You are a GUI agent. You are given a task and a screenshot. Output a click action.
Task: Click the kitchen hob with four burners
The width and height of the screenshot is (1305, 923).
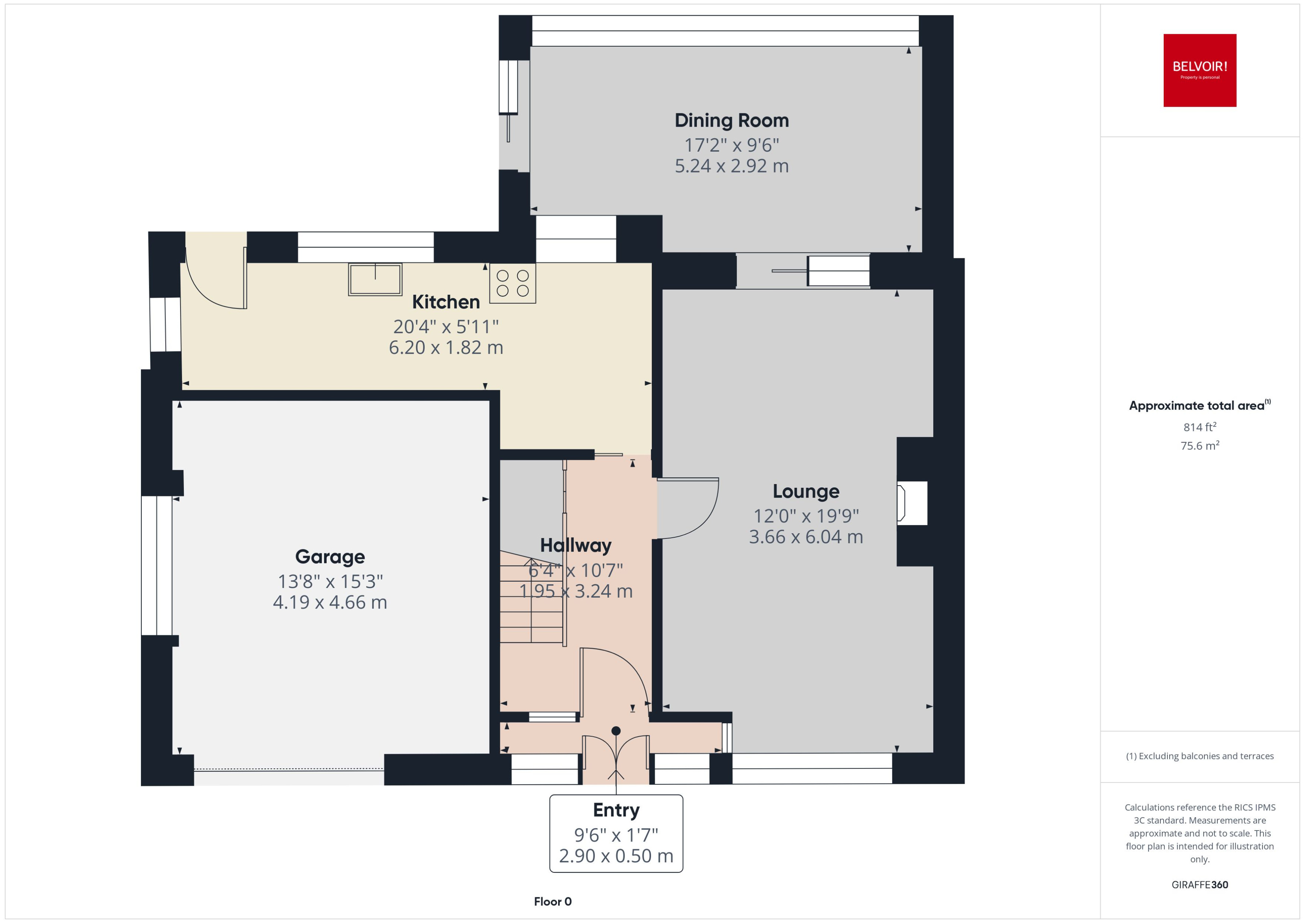(x=512, y=283)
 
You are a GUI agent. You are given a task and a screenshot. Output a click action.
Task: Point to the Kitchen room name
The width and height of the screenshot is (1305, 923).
(x=446, y=302)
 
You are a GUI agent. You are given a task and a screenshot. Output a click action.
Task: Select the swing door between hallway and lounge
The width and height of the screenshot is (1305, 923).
(x=687, y=508)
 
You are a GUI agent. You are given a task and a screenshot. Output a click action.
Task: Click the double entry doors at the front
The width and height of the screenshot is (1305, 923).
(x=616, y=758)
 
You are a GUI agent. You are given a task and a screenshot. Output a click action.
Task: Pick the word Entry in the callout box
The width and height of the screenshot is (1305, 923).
(x=616, y=810)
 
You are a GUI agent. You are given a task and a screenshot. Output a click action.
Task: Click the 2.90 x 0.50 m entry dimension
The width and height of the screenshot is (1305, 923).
(x=616, y=856)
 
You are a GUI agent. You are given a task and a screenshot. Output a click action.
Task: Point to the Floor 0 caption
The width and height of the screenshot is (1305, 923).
(x=552, y=901)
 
